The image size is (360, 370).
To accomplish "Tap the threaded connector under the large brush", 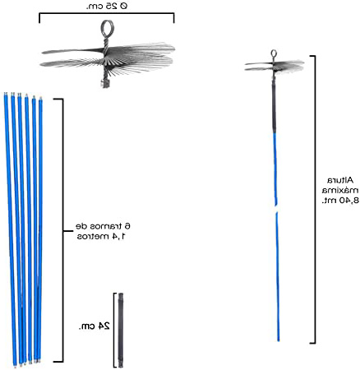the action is click(x=105, y=83).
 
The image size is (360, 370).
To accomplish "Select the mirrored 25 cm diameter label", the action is click(x=107, y=6).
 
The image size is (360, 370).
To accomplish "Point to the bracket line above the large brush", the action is click(x=107, y=13).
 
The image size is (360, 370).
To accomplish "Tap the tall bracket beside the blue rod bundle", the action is click(x=62, y=230).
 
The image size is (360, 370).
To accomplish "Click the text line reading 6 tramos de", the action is click(x=103, y=226).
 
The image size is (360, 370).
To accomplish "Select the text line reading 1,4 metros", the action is click(x=101, y=236).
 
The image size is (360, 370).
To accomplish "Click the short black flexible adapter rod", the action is click(x=121, y=331).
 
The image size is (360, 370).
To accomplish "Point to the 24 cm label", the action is click(x=95, y=326).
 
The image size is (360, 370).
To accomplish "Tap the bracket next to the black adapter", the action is click(x=114, y=331).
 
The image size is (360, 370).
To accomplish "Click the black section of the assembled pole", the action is click(x=274, y=107).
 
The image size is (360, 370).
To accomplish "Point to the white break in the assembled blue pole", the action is click(x=276, y=209).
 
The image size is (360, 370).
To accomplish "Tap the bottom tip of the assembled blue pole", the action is click(x=279, y=340).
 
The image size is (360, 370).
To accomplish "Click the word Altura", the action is click(x=340, y=180).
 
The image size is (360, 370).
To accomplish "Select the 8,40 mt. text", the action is click(x=340, y=201).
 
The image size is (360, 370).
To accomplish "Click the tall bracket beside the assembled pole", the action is click(x=315, y=199).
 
